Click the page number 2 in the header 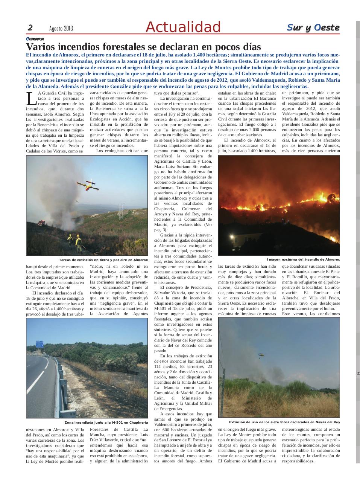click(30, 28)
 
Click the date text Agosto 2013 click(61, 29)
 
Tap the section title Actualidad click(183, 27)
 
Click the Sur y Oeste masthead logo click(313, 27)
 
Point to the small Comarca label click(35, 39)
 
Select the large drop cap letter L click(31, 99)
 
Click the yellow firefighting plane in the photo click(87, 185)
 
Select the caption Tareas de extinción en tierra click(103, 260)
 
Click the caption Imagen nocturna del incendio click(303, 259)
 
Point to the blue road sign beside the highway click(39, 343)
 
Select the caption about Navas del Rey click(284, 422)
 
